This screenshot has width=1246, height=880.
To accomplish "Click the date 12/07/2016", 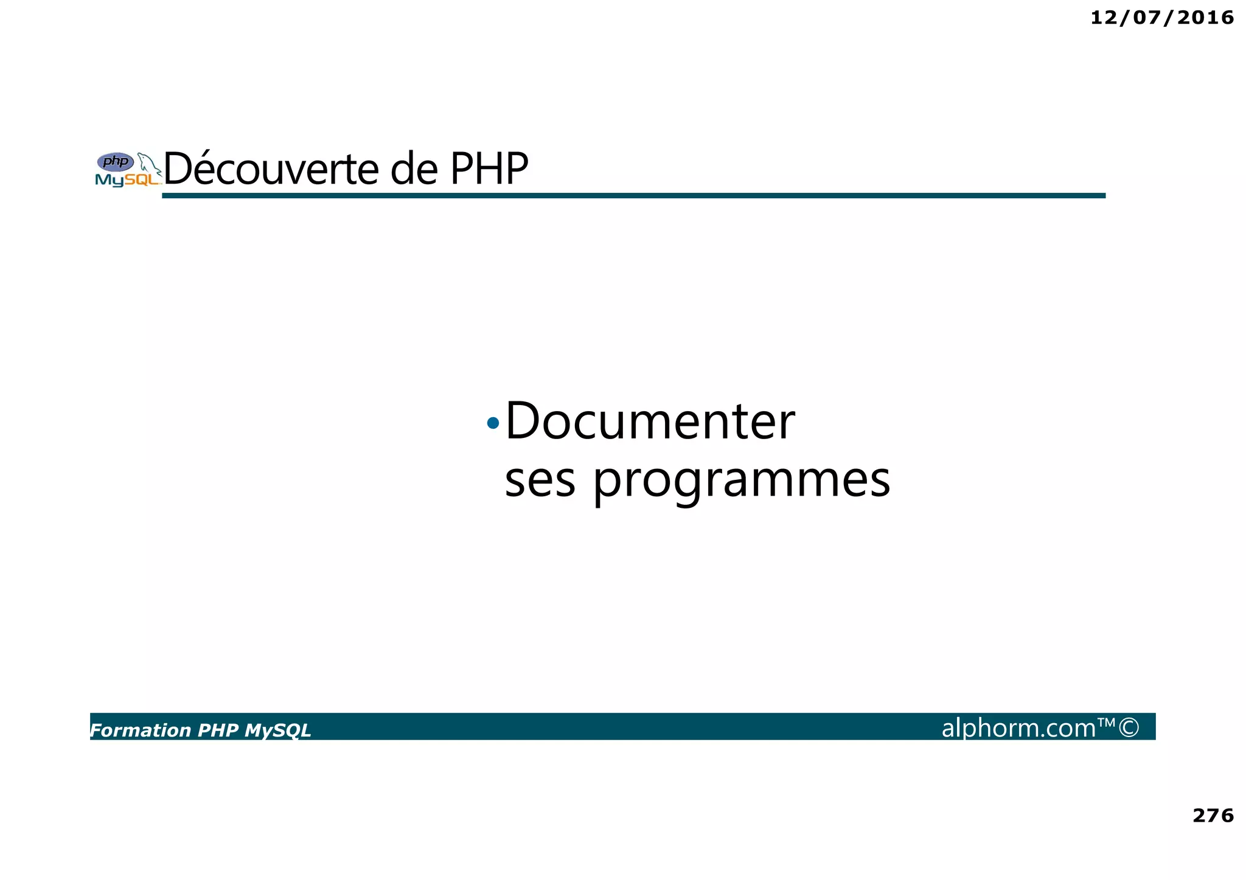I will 1161,18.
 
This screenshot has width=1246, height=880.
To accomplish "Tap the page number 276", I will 1213,815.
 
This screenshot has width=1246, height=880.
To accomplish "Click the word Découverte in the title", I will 271,169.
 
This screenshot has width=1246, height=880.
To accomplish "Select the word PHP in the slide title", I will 489,169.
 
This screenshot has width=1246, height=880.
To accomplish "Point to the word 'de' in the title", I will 414,169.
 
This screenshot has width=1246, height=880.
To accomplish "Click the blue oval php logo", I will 116,162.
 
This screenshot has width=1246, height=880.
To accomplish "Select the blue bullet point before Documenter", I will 493,423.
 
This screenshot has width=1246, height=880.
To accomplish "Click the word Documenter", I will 650,421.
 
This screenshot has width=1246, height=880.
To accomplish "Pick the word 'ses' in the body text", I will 540,480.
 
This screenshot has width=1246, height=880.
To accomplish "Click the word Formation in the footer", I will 141,730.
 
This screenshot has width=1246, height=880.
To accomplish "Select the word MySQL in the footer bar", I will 277,730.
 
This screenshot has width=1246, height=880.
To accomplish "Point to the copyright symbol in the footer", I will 1129,728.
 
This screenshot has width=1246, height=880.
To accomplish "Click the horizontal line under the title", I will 633,195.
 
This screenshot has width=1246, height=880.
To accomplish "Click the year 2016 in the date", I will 1205,18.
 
